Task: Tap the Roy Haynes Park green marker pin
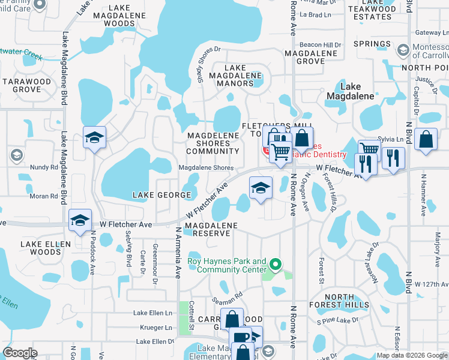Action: (x=276, y=263)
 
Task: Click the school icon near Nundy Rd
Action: (x=95, y=138)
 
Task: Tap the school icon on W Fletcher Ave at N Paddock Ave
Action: (x=80, y=220)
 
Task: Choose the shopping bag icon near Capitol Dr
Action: (x=426, y=140)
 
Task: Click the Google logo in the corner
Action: (x=20, y=353)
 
